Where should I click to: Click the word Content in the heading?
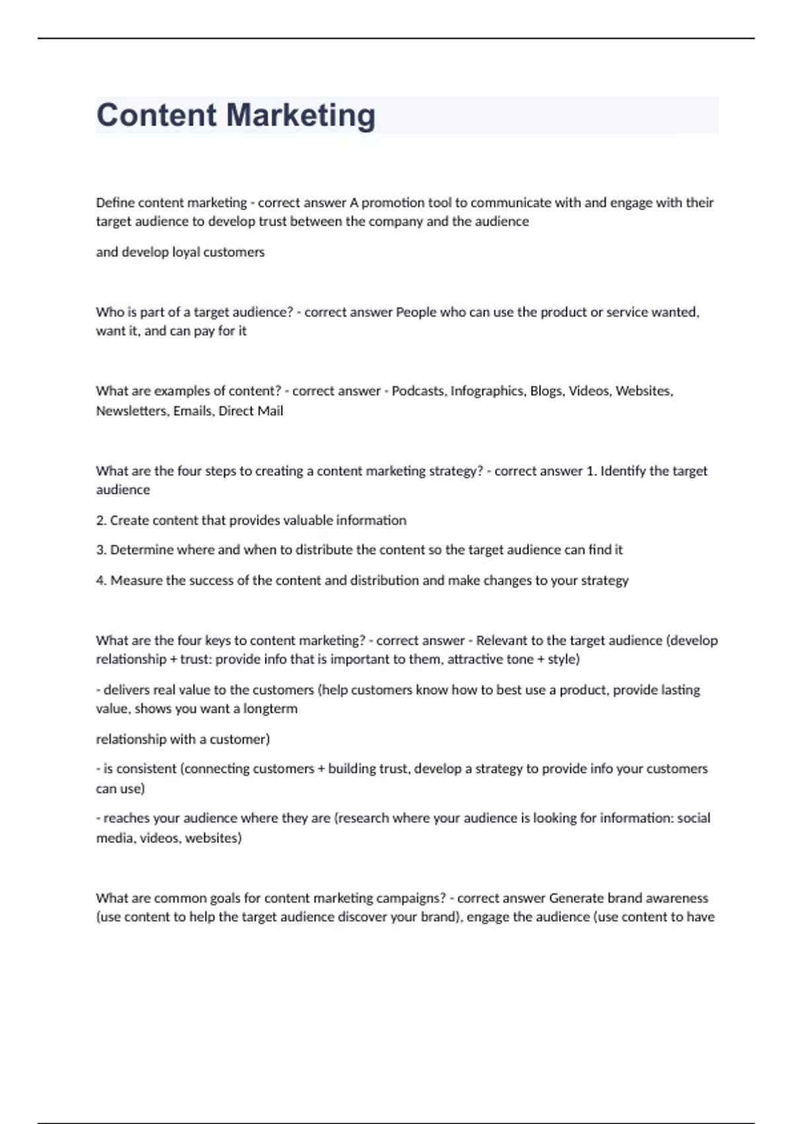[156, 115]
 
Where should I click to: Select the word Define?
[115, 202]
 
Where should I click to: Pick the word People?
[416, 312]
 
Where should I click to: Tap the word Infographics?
[488, 391]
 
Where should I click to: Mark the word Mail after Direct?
[270, 411]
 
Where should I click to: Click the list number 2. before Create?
[101, 520]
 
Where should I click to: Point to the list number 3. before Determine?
[101, 549]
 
